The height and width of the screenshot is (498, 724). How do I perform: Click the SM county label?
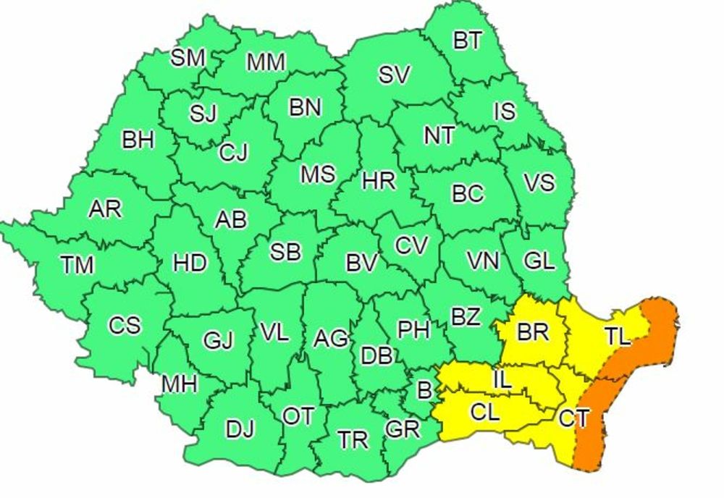188,58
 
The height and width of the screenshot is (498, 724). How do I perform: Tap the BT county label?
467,40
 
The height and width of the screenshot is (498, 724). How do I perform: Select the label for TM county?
77,265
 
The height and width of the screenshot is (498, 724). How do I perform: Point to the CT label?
573,418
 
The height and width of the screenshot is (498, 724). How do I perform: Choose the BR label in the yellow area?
534,332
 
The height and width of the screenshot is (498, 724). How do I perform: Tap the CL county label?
484,413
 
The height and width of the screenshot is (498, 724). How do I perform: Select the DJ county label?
240,429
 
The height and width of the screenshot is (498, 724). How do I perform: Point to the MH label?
180,384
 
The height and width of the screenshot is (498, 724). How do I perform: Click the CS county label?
125,326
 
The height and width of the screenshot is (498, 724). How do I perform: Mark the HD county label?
190,263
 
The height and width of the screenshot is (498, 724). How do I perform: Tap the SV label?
395,75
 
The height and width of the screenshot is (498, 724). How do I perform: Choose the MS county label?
318,174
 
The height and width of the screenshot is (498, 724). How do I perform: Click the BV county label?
362,263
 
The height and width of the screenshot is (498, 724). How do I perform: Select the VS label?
539,182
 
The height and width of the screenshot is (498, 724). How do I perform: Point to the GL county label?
539,261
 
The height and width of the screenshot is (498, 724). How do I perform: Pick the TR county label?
353,439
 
